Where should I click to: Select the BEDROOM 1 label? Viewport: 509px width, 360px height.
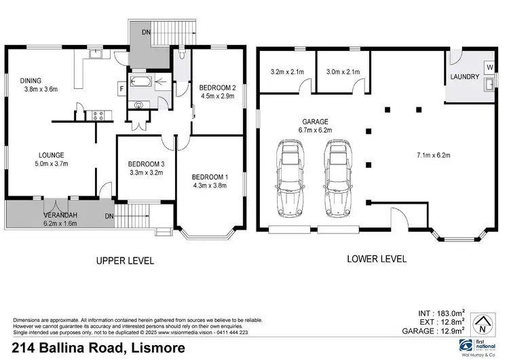[x=210, y=177]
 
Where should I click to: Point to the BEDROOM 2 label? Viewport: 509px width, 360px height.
[x=217, y=87]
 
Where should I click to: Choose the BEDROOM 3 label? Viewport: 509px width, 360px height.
[x=147, y=164]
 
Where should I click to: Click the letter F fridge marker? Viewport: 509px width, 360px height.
[x=120, y=88]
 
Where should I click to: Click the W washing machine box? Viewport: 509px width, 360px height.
[x=489, y=67]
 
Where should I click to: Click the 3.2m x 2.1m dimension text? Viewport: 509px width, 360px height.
[x=288, y=71]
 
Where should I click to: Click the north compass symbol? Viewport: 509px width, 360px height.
[x=483, y=323]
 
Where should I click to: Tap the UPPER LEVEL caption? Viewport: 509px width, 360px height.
[x=125, y=260]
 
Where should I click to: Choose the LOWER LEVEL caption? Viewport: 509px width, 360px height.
[x=377, y=259]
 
